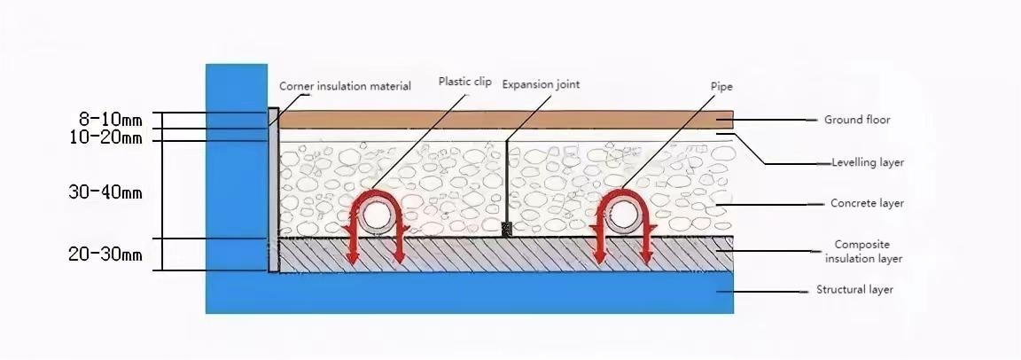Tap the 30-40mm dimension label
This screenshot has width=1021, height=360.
click(x=105, y=192)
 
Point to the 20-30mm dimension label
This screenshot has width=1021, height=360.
click(x=105, y=254)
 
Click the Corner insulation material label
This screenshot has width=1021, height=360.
click(x=345, y=86)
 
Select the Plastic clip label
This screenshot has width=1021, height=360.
click(x=465, y=82)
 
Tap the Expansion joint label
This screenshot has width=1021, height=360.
click(x=541, y=84)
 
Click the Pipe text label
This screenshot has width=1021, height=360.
click(x=722, y=87)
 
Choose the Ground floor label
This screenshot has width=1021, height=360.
click(x=857, y=120)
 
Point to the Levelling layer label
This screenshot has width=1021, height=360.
click(x=868, y=163)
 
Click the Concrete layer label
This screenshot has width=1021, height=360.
click(x=868, y=204)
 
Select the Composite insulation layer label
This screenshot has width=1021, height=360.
click(x=863, y=252)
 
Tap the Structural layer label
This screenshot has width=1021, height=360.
click(x=855, y=290)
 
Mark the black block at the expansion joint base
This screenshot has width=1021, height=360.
click(x=507, y=229)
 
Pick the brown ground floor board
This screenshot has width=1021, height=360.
click(x=506, y=120)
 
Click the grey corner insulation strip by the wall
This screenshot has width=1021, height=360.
click(x=274, y=190)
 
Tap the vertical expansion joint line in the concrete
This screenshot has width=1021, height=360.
click(x=507, y=182)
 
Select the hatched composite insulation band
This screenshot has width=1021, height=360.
click(x=506, y=254)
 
